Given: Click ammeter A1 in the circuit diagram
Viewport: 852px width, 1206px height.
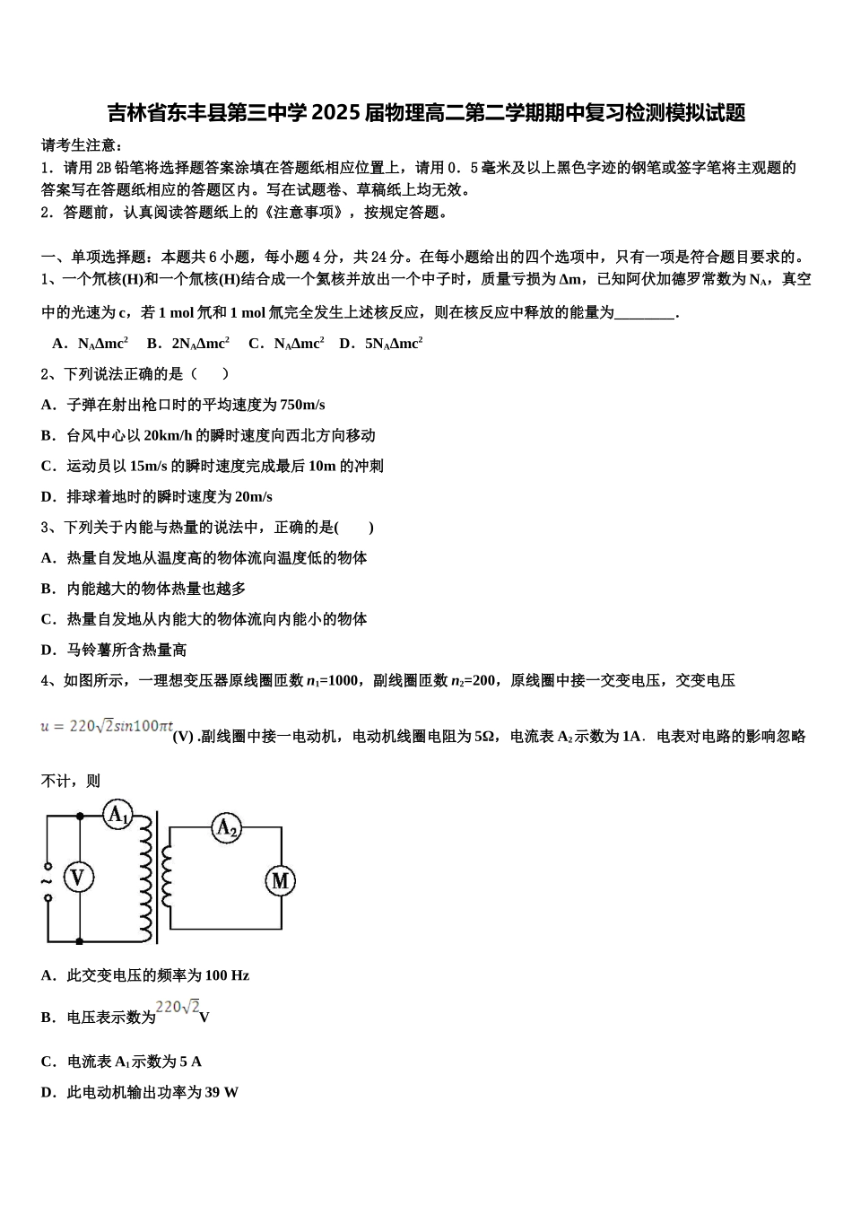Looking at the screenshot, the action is pos(117,815).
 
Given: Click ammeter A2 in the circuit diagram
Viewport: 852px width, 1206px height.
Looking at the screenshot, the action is pos(227,828).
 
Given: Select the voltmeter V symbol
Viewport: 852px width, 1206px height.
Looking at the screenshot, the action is pos(78,877).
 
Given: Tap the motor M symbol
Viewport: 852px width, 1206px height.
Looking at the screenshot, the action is pos(280,881).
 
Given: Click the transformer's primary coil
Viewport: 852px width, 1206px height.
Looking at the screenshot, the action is pos(144,878).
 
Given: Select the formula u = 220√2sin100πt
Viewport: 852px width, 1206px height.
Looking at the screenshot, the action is pos(107,727).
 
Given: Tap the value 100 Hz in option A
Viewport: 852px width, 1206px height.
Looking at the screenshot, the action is pos(227,975).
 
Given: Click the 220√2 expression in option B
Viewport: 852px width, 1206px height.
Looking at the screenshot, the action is pos(178,1009).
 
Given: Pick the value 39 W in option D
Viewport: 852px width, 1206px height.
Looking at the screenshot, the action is pos(222,1092).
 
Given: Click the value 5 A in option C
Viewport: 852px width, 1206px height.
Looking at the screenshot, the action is pos(191,1062).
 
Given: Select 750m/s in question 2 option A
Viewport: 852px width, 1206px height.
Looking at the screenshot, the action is pos(302,405).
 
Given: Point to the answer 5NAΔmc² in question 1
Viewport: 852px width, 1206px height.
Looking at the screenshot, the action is pos(394,344).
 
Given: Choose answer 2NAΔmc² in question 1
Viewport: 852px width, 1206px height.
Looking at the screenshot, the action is pos(200,344).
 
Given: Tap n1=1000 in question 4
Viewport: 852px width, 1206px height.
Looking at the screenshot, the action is pos(333,681).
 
